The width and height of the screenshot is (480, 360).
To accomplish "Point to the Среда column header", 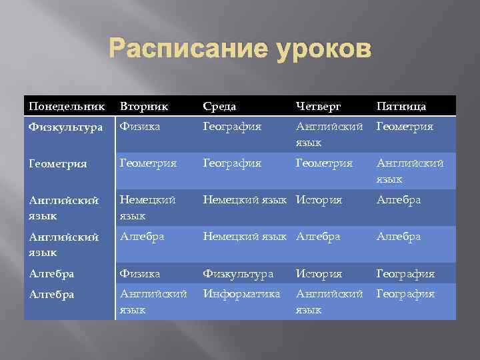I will (220, 107).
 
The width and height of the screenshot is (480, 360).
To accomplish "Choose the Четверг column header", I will (318, 107).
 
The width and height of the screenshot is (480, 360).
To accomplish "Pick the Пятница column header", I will (402, 107).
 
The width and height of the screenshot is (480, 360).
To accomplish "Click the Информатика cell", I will (242, 293).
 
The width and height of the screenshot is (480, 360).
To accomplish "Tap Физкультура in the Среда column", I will (239, 274).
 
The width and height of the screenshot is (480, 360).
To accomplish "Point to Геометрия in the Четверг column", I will (325, 161).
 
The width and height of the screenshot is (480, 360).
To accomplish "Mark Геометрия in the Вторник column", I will (147, 161).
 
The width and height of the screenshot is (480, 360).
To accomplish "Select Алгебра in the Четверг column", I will (318, 236).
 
